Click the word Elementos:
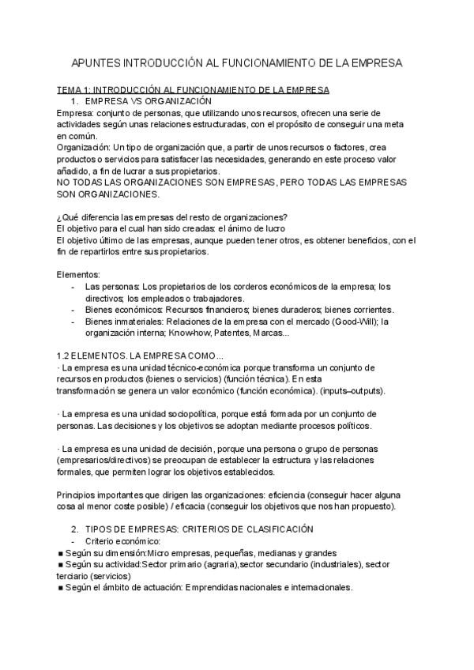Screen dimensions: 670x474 tap(79, 274)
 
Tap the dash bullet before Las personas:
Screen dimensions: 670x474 tap(73, 286)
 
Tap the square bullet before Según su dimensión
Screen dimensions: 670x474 tap(61, 553)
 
